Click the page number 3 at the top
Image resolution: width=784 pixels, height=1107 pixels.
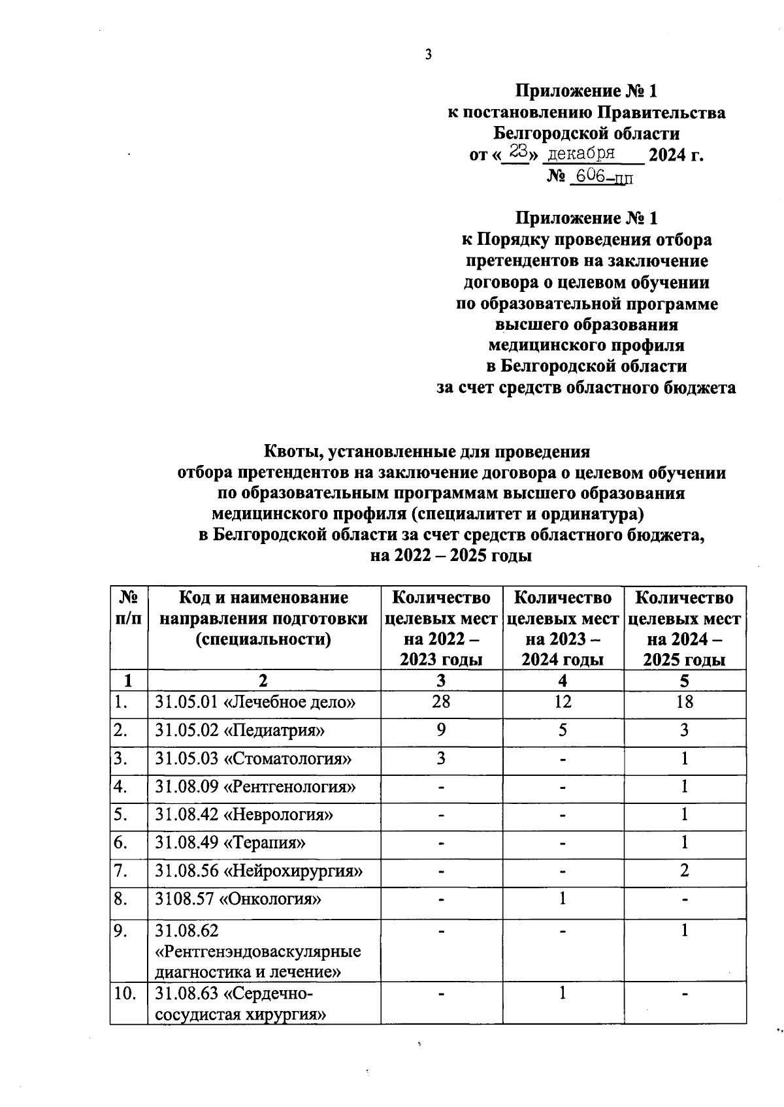[428, 55]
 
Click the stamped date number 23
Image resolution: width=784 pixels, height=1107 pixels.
[519, 152]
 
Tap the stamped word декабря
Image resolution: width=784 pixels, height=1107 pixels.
[581, 154]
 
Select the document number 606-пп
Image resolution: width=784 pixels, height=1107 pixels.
[601, 177]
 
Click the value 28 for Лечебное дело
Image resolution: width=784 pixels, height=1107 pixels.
[441, 702]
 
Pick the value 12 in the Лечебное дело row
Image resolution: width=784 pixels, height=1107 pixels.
[562, 702]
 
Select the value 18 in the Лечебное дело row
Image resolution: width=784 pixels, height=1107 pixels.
[684, 702]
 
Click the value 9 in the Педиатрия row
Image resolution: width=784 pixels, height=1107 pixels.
[441, 730]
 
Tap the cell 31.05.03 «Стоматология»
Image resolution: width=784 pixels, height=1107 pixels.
[253, 759]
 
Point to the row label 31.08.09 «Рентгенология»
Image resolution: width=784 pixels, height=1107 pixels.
[255, 787]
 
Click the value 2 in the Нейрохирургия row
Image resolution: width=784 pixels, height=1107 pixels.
[684, 871]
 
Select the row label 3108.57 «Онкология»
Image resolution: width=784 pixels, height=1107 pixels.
[238, 900]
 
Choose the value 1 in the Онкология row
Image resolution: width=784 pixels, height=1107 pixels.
[562, 899]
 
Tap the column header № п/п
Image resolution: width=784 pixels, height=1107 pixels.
[129, 608]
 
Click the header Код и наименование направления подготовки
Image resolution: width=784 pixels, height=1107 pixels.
[263, 618]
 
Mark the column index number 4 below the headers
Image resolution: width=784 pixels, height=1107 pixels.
[563, 681]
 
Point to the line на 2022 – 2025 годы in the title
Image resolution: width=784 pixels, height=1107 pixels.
[451, 556]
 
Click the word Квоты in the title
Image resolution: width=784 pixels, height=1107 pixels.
[291, 451]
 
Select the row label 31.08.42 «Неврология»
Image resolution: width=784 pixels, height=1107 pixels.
[244, 815]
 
